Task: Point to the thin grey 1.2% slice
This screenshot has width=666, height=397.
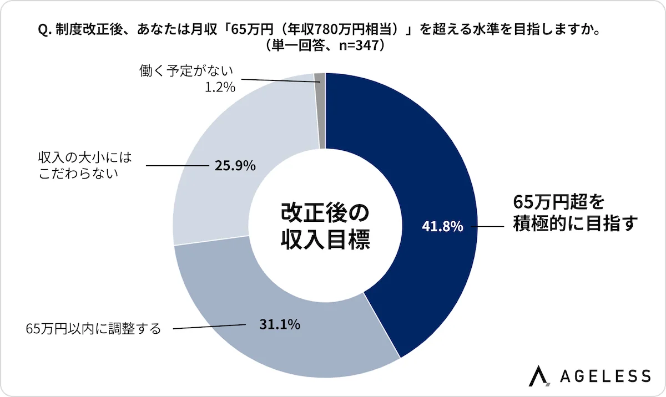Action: click(x=320, y=111)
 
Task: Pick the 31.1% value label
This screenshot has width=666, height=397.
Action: click(x=280, y=325)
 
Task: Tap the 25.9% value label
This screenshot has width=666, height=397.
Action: click(x=235, y=165)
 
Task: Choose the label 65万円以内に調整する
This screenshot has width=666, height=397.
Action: click(x=93, y=329)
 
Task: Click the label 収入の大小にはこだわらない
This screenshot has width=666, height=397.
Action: click(x=86, y=165)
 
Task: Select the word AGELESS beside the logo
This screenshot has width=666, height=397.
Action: click(x=605, y=376)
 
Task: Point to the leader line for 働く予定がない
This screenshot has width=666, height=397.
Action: click(x=277, y=80)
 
